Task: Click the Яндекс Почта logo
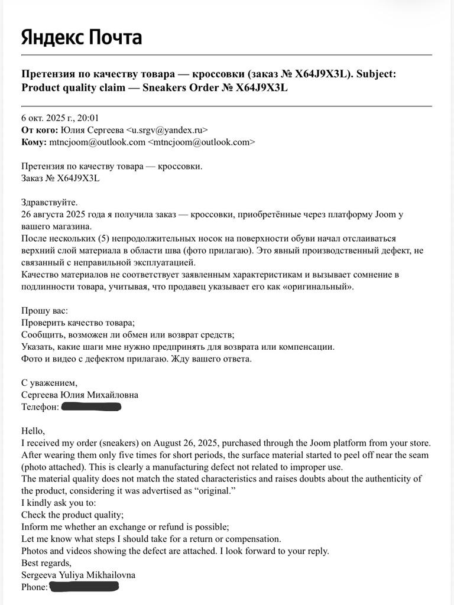click(82, 37)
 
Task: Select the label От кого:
click(40, 130)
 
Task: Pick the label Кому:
click(34, 142)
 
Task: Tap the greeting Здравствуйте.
click(49, 203)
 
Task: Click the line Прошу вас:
click(44, 311)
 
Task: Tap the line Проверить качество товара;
click(78, 323)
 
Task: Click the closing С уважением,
click(49, 383)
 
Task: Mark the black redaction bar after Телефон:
click(91, 407)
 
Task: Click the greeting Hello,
click(33, 431)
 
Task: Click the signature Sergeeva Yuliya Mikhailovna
click(79, 575)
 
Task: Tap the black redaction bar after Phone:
click(84, 587)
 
